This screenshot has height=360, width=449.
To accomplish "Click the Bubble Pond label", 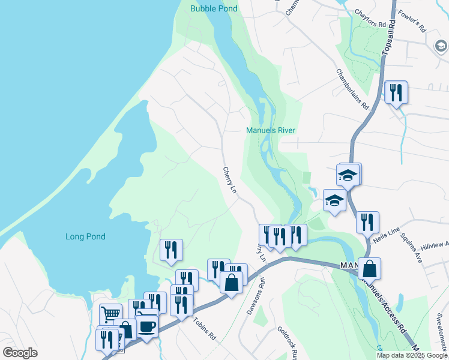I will [x=214, y=8].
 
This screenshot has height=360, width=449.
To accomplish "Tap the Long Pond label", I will [x=85, y=236].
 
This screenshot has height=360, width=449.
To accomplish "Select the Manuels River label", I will [x=271, y=130].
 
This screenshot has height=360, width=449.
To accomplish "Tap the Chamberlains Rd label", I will [x=352, y=89].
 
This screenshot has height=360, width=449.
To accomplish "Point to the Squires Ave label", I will [x=414, y=249].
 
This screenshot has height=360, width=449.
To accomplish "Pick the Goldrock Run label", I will [x=287, y=343].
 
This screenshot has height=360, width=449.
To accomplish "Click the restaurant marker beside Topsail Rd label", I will [x=396, y=92].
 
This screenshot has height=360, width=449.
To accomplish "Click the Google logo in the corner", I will [x=20, y=353].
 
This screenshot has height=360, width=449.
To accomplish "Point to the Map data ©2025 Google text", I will [x=412, y=355].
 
